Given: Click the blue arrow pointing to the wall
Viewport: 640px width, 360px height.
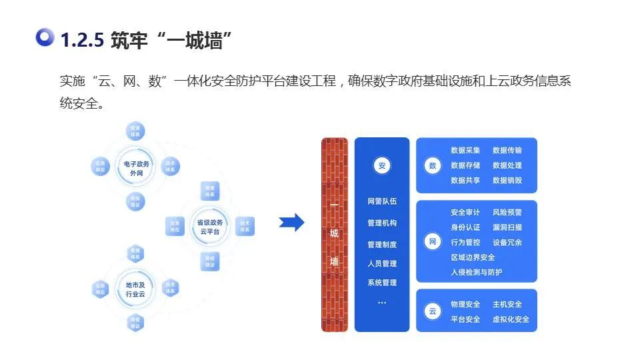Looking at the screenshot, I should [x=291, y=223].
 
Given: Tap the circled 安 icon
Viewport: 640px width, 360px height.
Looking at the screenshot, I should [x=382, y=167].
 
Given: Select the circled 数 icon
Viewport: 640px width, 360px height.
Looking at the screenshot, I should [x=433, y=166].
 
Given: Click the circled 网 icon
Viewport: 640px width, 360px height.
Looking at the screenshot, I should [x=433, y=242].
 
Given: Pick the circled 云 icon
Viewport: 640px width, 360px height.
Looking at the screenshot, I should [x=433, y=311].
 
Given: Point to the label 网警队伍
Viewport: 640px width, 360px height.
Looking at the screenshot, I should [x=382, y=201].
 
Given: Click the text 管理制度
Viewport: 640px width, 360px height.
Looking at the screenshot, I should [x=382, y=245].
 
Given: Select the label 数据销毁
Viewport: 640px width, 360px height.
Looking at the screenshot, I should [x=507, y=181].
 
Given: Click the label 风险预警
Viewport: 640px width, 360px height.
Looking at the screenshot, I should [x=507, y=213].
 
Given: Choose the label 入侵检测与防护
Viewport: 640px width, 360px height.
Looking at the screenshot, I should [x=477, y=272].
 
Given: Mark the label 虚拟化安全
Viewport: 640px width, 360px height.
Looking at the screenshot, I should [x=511, y=319].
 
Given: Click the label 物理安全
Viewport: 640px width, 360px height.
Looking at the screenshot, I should [x=465, y=305].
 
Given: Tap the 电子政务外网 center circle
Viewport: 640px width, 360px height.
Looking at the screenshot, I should [x=135, y=167].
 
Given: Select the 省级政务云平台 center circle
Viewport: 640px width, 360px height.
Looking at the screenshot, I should [x=210, y=227].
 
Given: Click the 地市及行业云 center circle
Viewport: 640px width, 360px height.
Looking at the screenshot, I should [x=135, y=289].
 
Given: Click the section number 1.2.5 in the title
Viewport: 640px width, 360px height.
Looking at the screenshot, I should [x=82, y=41].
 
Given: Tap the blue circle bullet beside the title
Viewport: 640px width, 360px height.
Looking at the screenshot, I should [x=45, y=38].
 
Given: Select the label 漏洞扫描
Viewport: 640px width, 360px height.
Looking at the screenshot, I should [x=507, y=227].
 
